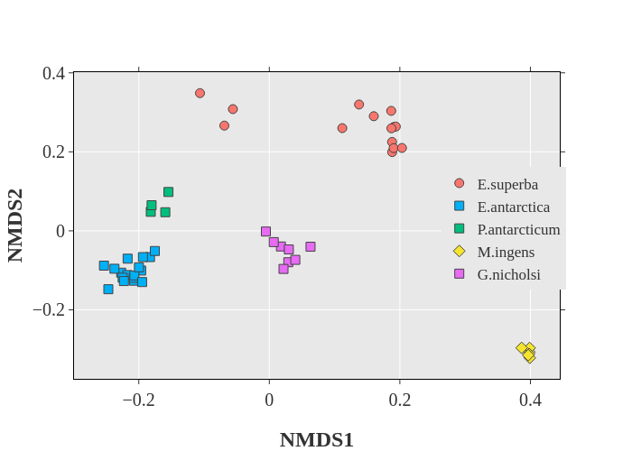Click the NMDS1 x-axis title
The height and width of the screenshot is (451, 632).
point(316,440)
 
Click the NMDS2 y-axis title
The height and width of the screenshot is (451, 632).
point(15,225)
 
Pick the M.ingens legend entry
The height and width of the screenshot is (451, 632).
point(506,252)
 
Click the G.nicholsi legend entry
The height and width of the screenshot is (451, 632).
point(508,274)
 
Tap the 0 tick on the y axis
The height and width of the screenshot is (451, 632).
point(60,231)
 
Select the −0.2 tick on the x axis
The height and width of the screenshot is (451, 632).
point(138,398)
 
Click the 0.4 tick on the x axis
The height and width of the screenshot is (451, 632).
point(530,398)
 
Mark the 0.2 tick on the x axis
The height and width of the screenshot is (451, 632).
point(399,398)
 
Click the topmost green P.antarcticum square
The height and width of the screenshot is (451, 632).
point(168,192)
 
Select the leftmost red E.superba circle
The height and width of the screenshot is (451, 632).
point(200,93)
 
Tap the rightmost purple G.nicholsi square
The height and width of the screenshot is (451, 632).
point(310,246)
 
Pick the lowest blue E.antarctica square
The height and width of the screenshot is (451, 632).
point(108,289)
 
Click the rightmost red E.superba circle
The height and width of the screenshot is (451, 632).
point(402,148)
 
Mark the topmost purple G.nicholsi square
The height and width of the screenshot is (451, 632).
point(265,232)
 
